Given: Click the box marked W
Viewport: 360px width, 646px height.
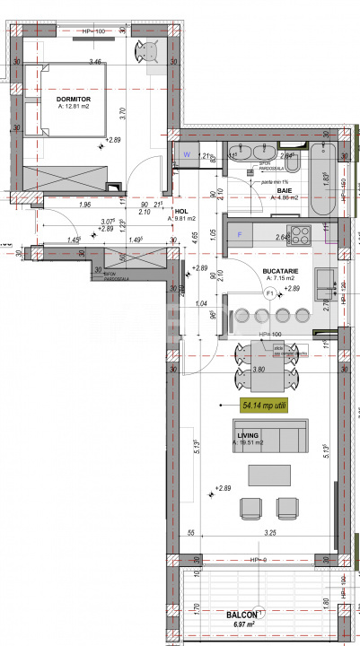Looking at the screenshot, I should (x=187, y=153).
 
